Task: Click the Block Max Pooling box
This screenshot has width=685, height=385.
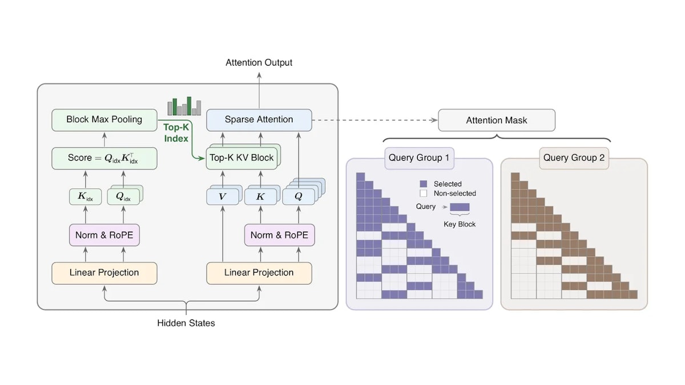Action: [104, 120]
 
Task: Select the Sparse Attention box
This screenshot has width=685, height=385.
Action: [259, 120]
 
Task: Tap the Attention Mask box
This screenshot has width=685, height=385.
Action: [497, 120]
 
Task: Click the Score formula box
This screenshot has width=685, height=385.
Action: [104, 159]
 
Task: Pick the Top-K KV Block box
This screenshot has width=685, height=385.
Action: [241, 159]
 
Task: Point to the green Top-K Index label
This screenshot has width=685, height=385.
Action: [176, 133]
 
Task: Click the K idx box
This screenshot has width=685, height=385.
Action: [85, 196]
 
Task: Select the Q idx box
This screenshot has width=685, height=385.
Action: [123, 196]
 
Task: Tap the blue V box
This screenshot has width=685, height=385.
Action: [222, 196]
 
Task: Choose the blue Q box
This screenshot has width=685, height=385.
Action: [299, 196]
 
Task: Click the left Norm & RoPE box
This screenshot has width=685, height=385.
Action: [104, 235]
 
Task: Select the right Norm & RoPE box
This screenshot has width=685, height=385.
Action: [280, 235]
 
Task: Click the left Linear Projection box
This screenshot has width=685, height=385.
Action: [104, 273]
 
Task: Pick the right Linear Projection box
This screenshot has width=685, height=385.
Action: [259, 273]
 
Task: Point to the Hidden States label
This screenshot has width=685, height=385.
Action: [186, 323]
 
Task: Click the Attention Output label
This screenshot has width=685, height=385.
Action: [259, 63]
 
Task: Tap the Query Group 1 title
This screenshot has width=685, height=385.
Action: [419, 158]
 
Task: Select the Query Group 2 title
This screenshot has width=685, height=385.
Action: [574, 158]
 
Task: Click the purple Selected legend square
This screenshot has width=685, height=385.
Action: [423, 184]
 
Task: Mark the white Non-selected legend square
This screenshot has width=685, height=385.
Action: [423, 193]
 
